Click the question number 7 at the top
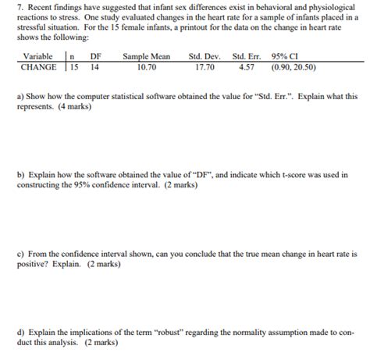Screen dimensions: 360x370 click(20, 6)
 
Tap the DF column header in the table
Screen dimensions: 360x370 click(95, 56)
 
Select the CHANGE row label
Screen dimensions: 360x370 click(38, 67)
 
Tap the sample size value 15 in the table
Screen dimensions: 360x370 click(74, 67)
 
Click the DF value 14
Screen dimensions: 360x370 click(94, 67)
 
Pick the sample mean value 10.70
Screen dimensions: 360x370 click(146, 67)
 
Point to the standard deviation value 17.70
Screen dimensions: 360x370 click(206, 67)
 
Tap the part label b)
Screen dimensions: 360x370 click(20, 176)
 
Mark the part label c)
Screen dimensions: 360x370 click(20, 255)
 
